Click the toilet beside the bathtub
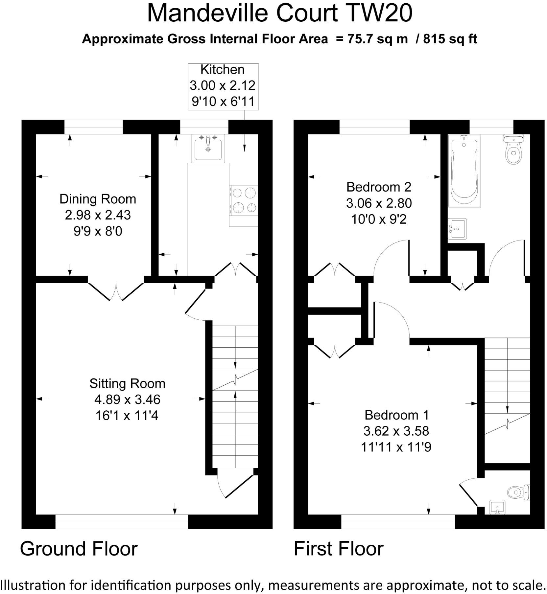pos(513,149)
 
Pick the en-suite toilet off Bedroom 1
pos(519,492)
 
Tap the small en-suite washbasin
pos(497,507)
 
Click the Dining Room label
pos(98,199)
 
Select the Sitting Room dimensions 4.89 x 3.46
pos(127,400)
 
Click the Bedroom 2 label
pos(379,187)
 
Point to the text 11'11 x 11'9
pos(396,447)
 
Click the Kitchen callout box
pos(223,87)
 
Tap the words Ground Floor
pos(79,549)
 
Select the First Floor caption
pos(339,549)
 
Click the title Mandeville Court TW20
pos(279,13)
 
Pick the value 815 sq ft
pos(450,39)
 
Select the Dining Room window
pos(94,127)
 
